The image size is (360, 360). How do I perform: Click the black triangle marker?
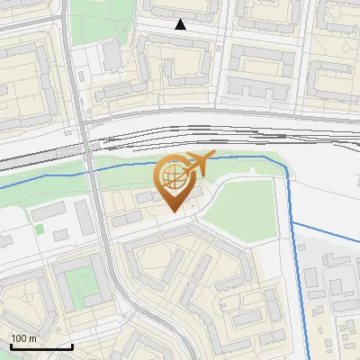coord(181,24)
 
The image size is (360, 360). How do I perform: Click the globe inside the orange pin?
coord(174,175)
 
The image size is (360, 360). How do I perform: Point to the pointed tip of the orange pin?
coord(175,211)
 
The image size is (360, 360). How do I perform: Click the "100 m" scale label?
coord(24,338)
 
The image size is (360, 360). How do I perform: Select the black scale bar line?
coord(41,346)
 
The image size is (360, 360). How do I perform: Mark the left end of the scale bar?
coord(11,346)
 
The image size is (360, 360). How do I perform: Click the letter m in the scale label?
coord(32,338)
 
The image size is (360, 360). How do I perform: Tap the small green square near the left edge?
coord(40,229)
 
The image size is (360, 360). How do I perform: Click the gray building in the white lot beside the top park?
coord(113,57)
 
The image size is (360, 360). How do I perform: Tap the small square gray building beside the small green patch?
coord(60,234)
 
